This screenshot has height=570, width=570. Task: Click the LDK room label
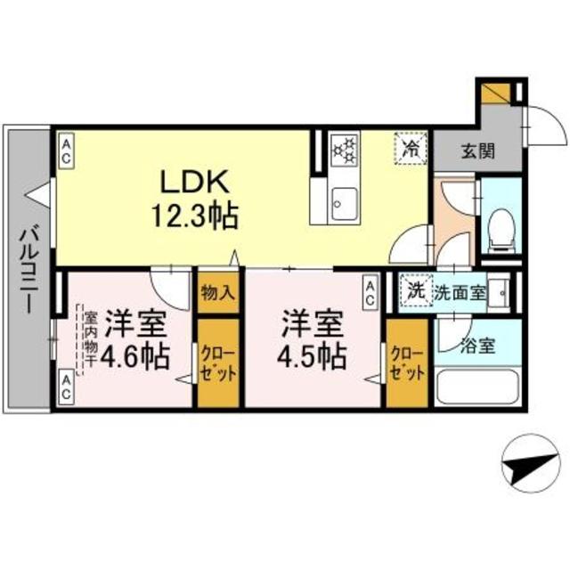click(196, 183)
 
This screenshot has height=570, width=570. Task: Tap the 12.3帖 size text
click(196, 216)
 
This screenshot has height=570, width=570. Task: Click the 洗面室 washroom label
click(460, 291)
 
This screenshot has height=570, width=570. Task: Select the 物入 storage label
click(217, 291)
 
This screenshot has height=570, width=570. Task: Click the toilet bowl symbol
click(501, 228)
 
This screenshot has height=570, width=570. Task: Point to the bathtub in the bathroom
click(476, 387)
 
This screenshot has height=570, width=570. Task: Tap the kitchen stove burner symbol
click(344, 149)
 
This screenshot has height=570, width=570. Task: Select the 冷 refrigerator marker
click(411, 147)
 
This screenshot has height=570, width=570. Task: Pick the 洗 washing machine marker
click(414, 290)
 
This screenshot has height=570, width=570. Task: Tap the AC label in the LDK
click(67, 149)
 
